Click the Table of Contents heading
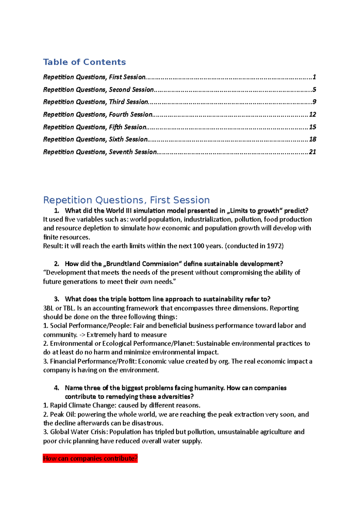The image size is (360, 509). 84,62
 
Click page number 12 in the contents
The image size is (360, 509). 312,115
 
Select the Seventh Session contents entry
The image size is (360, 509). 100,152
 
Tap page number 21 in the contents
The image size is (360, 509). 312,152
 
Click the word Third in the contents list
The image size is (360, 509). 117,102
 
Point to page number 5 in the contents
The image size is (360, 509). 314,90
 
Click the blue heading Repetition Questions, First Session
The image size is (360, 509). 126,200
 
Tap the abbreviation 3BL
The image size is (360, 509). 48,308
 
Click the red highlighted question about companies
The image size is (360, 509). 90,458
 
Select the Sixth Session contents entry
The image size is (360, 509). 95,139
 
